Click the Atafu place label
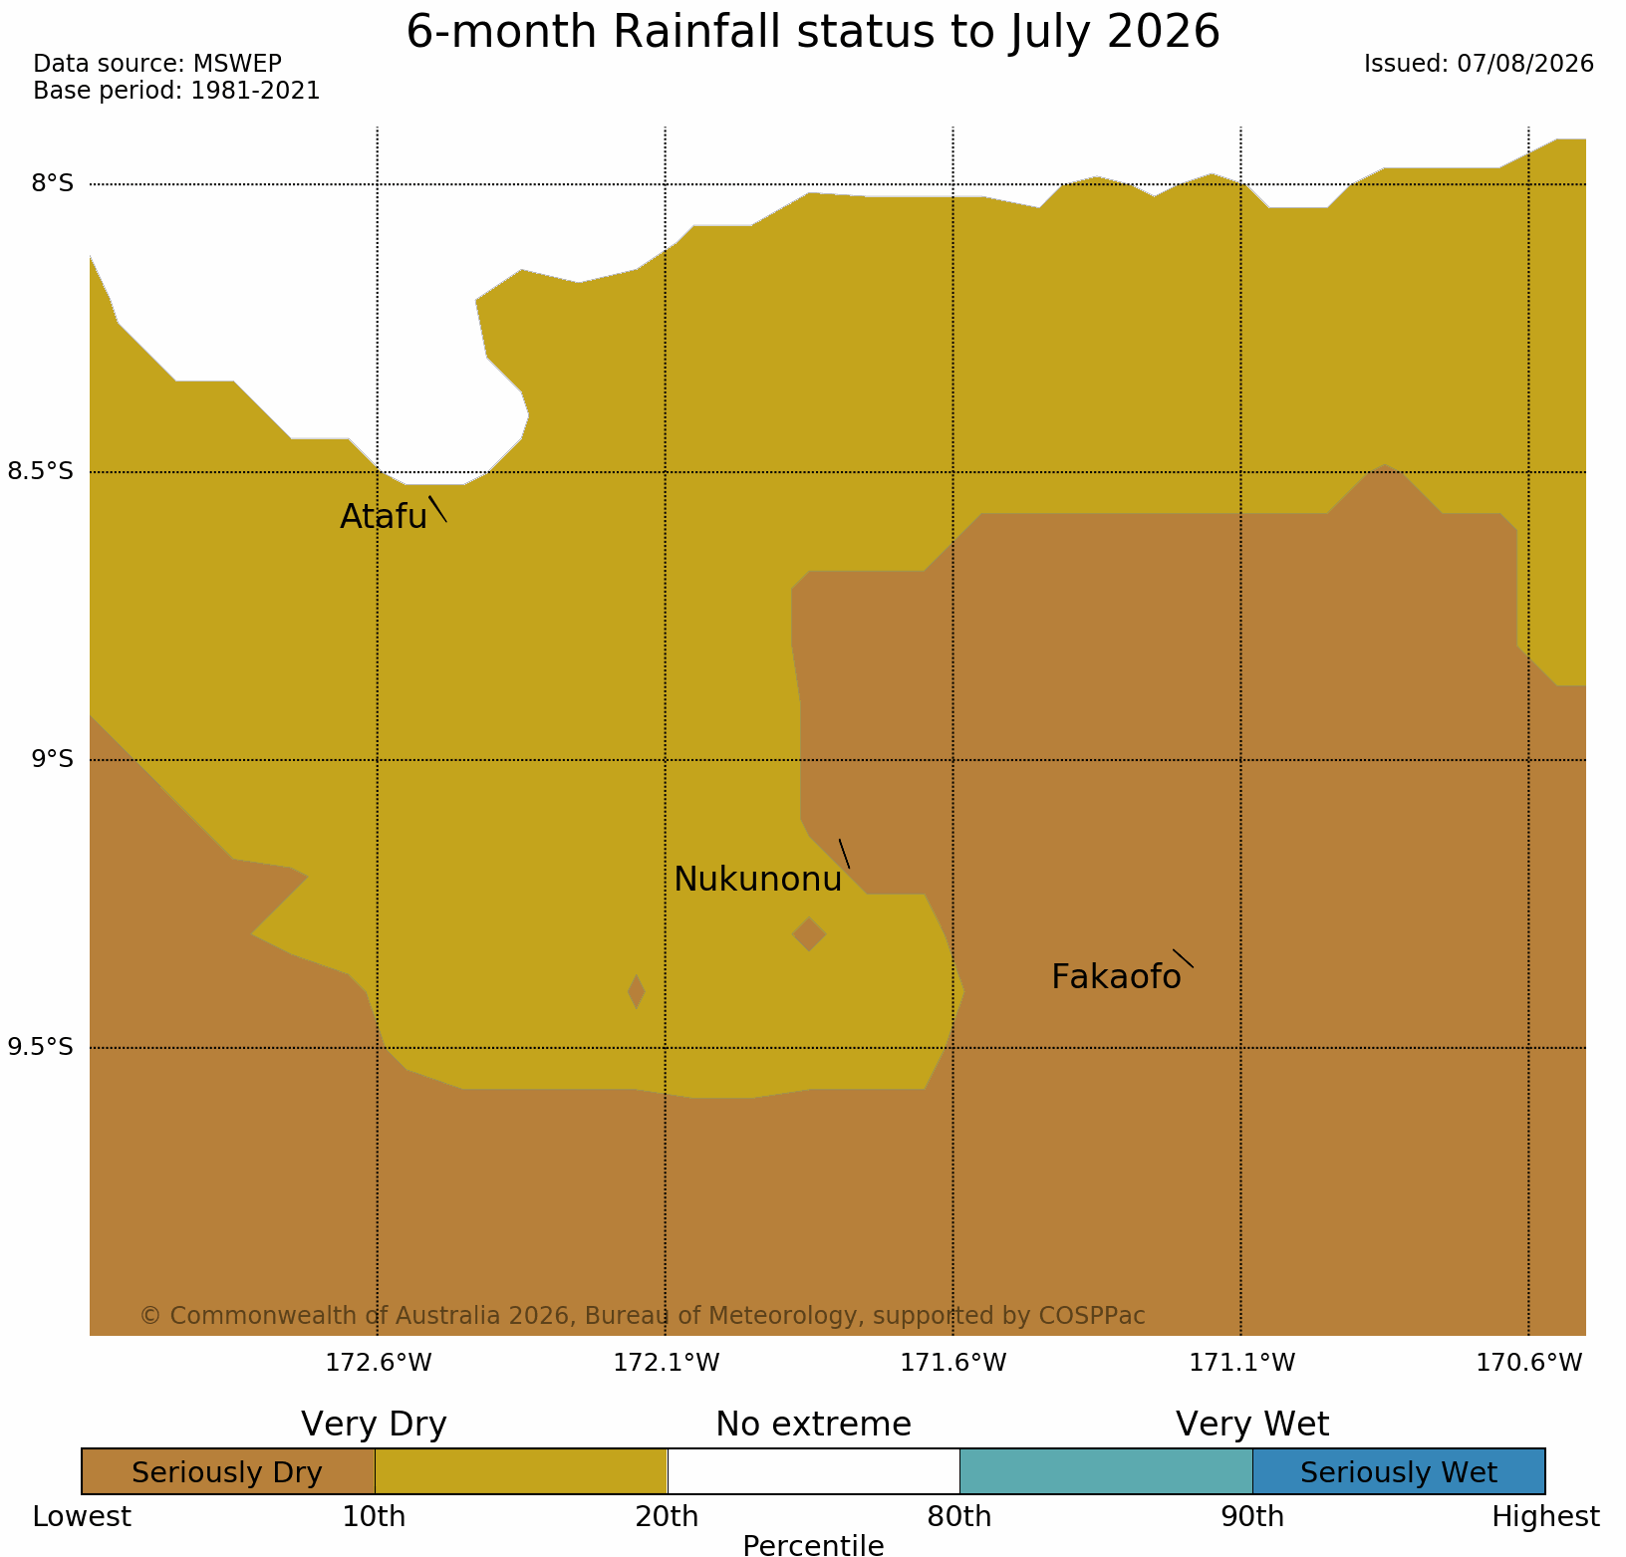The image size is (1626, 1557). tap(384, 516)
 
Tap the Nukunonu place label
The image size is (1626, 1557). tap(758, 880)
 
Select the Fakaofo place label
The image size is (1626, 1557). tap(1116, 977)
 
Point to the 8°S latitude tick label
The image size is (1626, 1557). tap(53, 184)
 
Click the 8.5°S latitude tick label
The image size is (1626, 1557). tap(41, 471)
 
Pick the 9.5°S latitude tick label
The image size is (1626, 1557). tap(41, 1047)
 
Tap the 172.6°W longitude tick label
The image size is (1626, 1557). tap(379, 1363)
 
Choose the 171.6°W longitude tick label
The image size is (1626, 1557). tap(953, 1363)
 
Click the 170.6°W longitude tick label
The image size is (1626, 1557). tap(1529, 1363)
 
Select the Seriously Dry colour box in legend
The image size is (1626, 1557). tap(228, 1472)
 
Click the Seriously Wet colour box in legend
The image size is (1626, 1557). tap(1398, 1472)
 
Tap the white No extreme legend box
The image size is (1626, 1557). tap(813, 1472)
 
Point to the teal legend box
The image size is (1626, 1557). tap(1106, 1472)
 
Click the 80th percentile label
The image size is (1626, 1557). tap(959, 1517)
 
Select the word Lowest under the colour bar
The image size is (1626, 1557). tap(82, 1517)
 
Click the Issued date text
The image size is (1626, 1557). tap(1479, 64)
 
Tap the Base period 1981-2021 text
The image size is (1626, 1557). tap(176, 91)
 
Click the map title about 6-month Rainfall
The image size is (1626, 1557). tap(813, 32)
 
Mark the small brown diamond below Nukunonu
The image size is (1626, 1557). tap(809, 934)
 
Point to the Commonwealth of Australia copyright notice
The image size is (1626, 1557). tap(643, 1316)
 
